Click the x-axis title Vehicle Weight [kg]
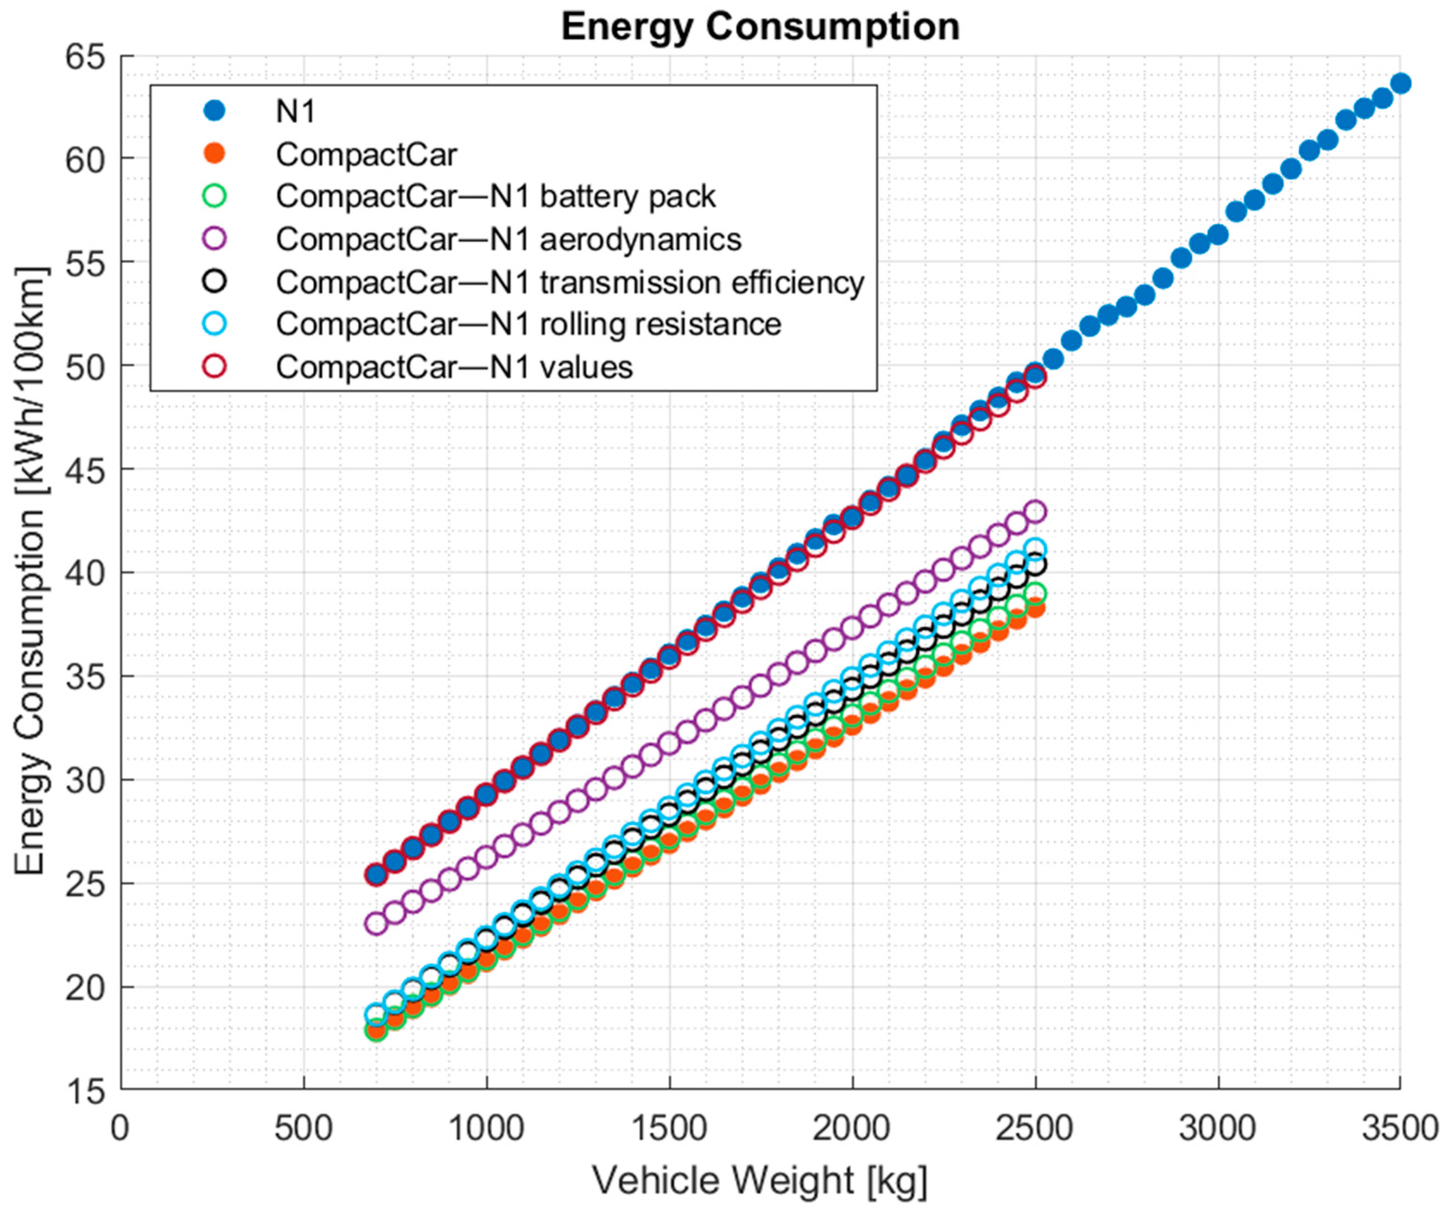coord(760,1181)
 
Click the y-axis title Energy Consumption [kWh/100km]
coord(31,571)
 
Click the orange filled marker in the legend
coord(215,154)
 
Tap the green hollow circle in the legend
coord(215,196)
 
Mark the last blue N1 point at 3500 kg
coord(1401,83)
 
